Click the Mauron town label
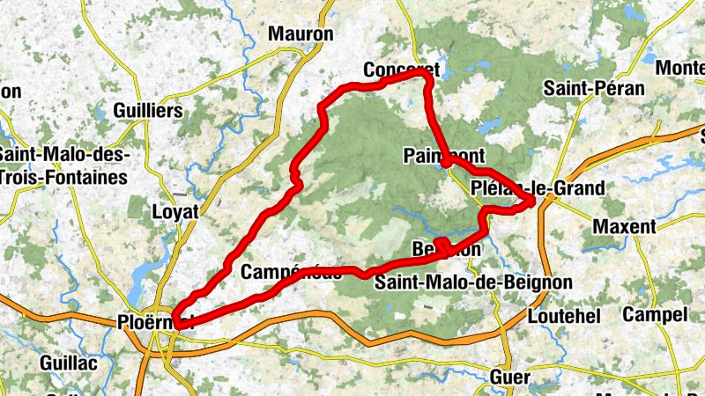point(302,34)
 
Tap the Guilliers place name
point(148,111)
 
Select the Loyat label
point(176,212)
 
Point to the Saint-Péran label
point(594,88)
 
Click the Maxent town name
point(624,226)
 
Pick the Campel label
point(655,314)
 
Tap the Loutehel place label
point(562,316)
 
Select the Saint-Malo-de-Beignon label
point(473,282)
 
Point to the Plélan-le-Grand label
point(538,188)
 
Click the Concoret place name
point(401,70)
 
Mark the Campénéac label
point(291,272)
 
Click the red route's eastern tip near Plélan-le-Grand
point(532,204)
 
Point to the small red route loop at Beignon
point(445,246)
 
